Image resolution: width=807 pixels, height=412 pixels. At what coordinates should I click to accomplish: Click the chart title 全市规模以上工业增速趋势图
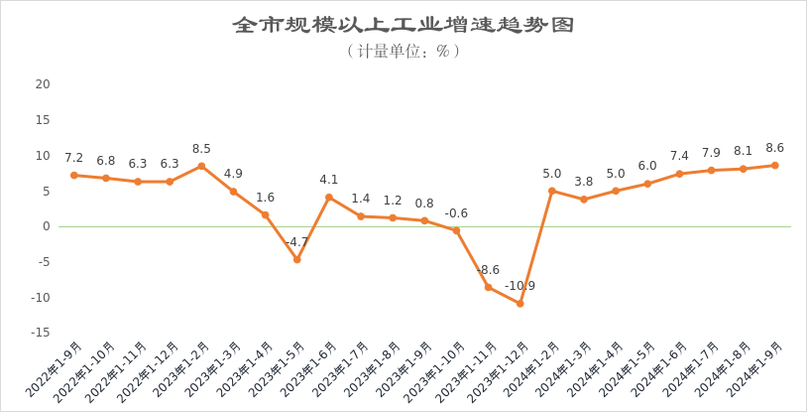pyautogui.click(x=403, y=25)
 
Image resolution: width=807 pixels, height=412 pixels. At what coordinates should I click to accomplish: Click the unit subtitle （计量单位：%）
pyautogui.click(x=403, y=51)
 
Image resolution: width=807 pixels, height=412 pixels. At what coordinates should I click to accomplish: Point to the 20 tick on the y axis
pyautogui.click(x=43, y=84)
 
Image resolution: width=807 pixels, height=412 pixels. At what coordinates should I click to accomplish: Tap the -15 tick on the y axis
pyautogui.click(x=41, y=333)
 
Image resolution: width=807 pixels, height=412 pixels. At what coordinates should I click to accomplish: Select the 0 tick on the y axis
pyautogui.click(x=47, y=226)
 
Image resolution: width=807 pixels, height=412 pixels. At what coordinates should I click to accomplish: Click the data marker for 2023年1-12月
pyautogui.click(x=519, y=303)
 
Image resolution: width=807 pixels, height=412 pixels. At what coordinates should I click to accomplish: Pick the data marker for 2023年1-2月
pyautogui.click(x=201, y=166)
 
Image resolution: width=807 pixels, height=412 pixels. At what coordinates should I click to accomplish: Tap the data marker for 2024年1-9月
pyautogui.click(x=774, y=165)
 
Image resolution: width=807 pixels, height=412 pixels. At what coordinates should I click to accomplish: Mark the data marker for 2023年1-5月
pyautogui.click(x=296, y=259)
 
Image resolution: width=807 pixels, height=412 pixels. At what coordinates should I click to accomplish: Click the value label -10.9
pyautogui.click(x=519, y=286)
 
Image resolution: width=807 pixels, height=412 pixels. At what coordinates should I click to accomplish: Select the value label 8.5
pyautogui.click(x=201, y=149)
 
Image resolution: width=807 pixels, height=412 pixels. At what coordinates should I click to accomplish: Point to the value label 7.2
pyautogui.click(x=74, y=158)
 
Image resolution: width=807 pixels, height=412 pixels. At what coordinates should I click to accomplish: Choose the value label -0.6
pyautogui.click(x=456, y=213)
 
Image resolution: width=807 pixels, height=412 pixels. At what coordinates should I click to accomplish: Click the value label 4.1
pyautogui.click(x=329, y=180)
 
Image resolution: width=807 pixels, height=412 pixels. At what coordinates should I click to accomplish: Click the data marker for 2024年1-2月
pyautogui.click(x=551, y=191)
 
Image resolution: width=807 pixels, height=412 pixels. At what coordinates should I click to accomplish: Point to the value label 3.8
pyautogui.click(x=584, y=182)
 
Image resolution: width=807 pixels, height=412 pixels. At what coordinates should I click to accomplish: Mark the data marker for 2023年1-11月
pyautogui.click(x=488, y=287)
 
